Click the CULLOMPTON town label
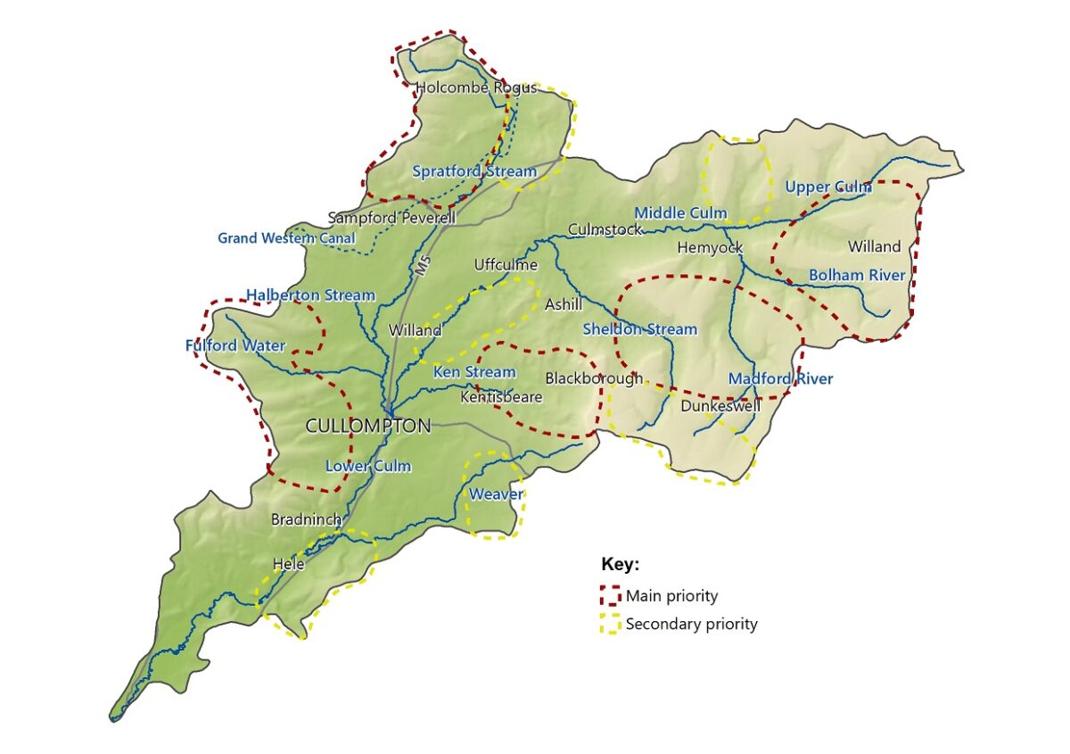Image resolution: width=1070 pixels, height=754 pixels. pyautogui.click(x=367, y=427)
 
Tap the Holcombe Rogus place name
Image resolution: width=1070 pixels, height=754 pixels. pyautogui.click(x=476, y=87)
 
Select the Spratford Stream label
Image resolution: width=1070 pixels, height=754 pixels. pyautogui.click(x=474, y=171)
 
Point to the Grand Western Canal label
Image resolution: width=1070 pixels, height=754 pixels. pyautogui.click(x=286, y=238)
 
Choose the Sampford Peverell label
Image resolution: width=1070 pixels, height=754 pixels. pyautogui.click(x=391, y=218)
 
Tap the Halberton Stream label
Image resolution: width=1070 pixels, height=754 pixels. pyautogui.click(x=310, y=295)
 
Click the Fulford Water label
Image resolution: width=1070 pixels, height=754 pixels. pyautogui.click(x=235, y=345)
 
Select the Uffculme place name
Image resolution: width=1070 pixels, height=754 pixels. pyautogui.click(x=506, y=265)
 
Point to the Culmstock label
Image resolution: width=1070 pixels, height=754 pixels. pyautogui.click(x=605, y=230)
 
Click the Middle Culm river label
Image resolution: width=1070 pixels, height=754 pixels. pyautogui.click(x=680, y=213)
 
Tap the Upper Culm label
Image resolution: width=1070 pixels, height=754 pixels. pyautogui.click(x=827, y=187)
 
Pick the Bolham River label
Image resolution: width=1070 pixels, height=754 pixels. pyautogui.click(x=856, y=275)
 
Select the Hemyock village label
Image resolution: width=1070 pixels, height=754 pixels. pyautogui.click(x=710, y=248)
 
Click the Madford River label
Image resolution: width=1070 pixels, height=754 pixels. pyautogui.click(x=780, y=379)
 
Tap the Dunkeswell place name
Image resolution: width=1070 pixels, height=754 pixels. pyautogui.click(x=720, y=406)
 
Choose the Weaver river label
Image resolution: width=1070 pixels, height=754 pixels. pyautogui.click(x=496, y=494)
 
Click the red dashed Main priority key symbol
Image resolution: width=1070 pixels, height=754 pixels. pyautogui.click(x=611, y=595)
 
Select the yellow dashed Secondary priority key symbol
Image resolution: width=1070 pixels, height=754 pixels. pyautogui.click(x=611, y=625)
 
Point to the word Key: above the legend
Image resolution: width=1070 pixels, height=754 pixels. pyautogui.click(x=621, y=565)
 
